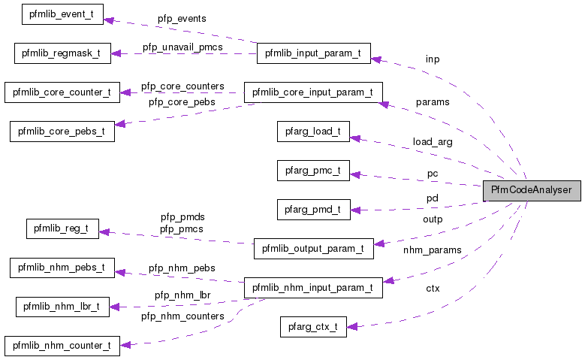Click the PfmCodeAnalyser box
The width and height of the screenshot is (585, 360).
pos(531,191)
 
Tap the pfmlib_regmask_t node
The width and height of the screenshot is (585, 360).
pos(62,53)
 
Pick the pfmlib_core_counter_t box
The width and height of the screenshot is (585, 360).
pos(62,92)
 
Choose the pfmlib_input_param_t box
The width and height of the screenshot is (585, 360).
pos(313,53)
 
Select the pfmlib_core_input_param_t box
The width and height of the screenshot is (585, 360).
pos(313,92)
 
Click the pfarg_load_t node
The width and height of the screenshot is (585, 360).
pos(313,132)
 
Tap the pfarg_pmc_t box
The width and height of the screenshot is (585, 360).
pos(313,171)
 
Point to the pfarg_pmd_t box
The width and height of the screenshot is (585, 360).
pos(313,210)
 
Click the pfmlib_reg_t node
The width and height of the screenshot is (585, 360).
pos(62,228)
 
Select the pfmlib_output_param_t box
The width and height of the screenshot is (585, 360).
pos(313,248)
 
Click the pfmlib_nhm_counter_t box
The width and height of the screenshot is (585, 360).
pos(62,346)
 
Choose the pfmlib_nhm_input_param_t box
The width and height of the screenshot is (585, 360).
pos(313,287)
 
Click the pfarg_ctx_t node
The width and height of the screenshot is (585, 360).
pos(313,326)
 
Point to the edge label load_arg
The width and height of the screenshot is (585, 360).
pos(432,141)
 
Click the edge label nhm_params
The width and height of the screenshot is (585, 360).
pos(432,250)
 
